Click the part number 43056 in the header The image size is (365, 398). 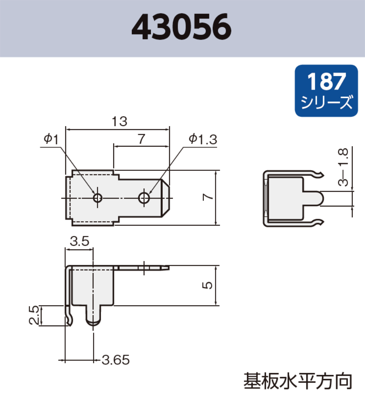click(182, 28)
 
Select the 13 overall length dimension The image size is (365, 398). click(119, 122)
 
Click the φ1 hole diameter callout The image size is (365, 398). click(51, 139)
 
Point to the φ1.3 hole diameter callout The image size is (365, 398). click(203, 139)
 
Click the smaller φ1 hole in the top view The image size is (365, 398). click(97, 197)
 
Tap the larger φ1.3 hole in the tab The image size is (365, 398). click(144, 197)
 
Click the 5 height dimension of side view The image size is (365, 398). click(209, 285)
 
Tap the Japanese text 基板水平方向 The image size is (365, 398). click(298, 381)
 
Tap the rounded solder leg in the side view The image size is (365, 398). click(93, 316)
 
